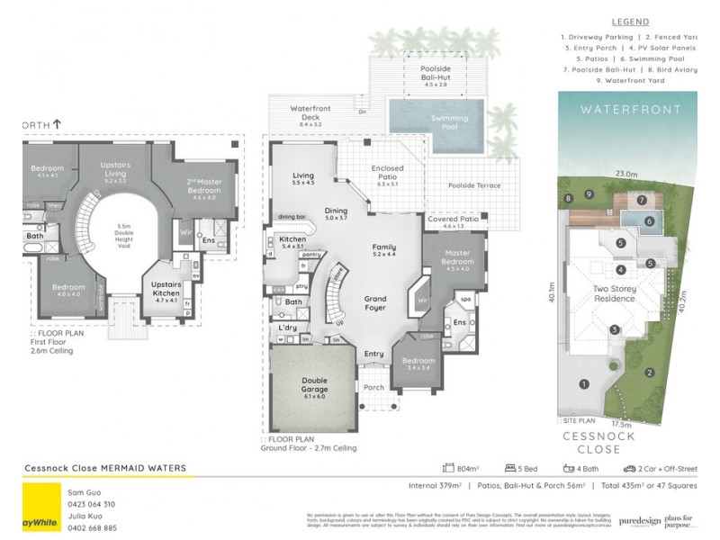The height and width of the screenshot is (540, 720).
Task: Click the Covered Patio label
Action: click(454, 221)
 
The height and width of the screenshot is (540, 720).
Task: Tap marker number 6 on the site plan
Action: click(649, 220)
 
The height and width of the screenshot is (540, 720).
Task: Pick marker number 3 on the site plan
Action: click(614, 329)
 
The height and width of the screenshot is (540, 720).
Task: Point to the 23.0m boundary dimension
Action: click(626, 174)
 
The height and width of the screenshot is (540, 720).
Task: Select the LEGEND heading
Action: click(630, 22)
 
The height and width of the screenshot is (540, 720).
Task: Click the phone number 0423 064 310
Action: click(93, 504)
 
